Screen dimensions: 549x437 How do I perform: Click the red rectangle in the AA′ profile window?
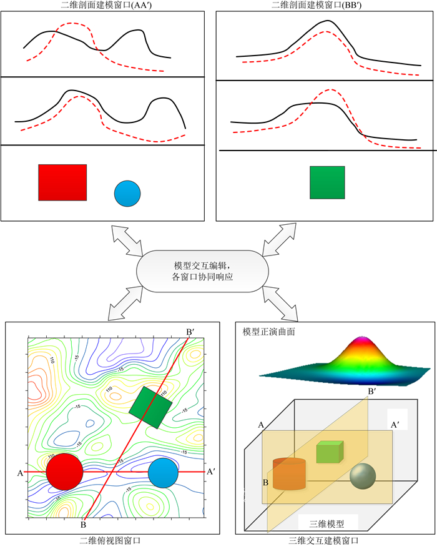62,182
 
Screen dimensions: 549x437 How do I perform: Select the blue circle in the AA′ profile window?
127,194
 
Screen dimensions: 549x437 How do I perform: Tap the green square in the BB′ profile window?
327,182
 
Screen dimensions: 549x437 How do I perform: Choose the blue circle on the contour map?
164,472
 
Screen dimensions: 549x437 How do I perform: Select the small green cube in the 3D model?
329,452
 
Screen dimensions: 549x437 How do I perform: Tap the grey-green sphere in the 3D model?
363,477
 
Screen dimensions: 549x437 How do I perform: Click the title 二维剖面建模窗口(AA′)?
103,5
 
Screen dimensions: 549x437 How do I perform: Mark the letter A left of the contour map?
20,473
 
